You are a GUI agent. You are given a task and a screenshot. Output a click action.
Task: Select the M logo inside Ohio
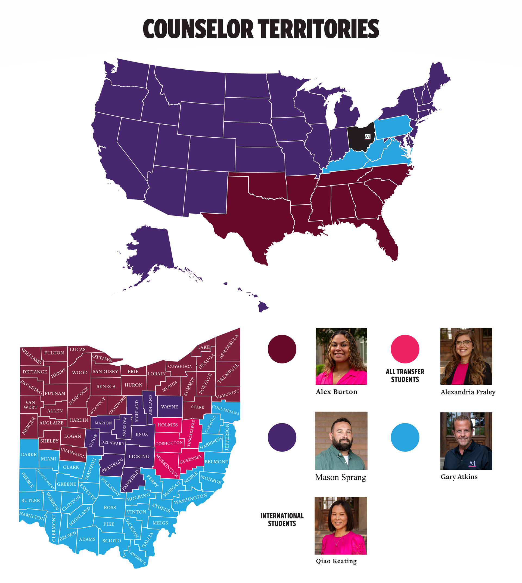tap(367, 136)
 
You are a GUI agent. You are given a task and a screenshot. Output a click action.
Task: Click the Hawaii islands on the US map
tap(262, 306)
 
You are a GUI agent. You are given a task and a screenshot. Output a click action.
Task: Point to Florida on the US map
tap(387, 241)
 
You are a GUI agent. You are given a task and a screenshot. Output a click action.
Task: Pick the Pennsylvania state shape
tap(393, 127)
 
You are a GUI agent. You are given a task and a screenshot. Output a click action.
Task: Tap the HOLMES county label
tap(167, 425)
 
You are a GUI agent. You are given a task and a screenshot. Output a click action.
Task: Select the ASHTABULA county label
tap(229, 347)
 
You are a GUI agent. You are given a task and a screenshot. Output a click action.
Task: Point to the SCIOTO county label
tap(111, 541)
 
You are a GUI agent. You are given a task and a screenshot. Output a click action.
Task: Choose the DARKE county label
tap(29, 454)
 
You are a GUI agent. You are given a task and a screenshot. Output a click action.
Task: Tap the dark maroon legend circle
tap(282, 349)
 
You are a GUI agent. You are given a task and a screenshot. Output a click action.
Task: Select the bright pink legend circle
tap(405, 349)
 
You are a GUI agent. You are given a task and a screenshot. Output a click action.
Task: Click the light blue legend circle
tap(405, 437)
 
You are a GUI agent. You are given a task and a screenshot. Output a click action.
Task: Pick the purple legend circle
tap(282, 437)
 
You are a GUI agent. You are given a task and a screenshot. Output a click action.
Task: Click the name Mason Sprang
tap(340, 477)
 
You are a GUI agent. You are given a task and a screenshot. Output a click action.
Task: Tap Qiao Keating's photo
tap(341, 525)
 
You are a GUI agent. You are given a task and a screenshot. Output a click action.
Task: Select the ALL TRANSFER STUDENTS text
tap(405, 375)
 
